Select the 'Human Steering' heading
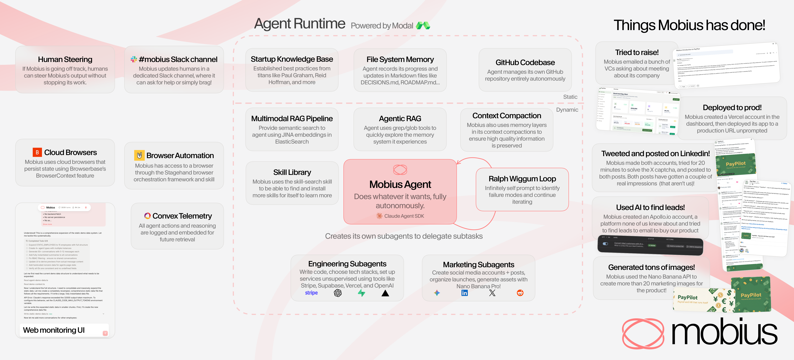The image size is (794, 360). point(65,59)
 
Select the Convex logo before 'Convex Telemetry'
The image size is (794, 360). point(148,216)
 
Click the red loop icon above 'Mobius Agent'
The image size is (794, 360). point(400,170)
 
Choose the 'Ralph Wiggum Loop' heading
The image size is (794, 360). point(522,179)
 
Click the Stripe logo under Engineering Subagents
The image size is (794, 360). point(311,293)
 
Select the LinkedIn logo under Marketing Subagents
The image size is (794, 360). point(465,293)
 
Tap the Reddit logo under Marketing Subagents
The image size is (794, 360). point(520,293)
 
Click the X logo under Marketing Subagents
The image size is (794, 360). point(492,293)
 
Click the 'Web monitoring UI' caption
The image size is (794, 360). point(54,330)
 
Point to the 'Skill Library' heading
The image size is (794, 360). point(292,172)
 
